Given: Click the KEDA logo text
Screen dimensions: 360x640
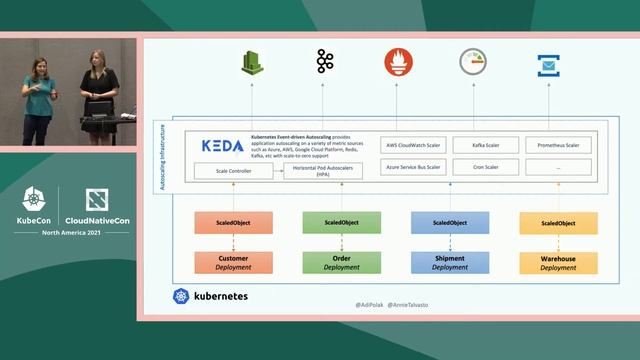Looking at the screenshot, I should (222, 145).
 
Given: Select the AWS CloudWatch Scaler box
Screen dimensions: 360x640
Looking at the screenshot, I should (413, 145).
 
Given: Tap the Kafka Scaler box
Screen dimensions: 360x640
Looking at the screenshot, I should (486, 145).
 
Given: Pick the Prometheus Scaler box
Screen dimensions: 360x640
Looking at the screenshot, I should (558, 145).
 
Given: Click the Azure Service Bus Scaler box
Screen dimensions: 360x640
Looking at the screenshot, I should (413, 167).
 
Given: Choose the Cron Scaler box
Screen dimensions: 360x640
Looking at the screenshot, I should (486, 167).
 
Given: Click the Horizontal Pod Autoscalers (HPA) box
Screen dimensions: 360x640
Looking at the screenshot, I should (323, 171).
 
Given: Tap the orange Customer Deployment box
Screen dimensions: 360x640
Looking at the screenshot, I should (232, 263).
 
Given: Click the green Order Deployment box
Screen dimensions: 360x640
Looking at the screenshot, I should (341, 263).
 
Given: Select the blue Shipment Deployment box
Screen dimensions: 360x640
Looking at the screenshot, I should (449, 263).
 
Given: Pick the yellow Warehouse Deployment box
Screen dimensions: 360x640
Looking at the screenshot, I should (558, 263).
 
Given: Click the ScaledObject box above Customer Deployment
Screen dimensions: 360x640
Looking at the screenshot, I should (232, 223).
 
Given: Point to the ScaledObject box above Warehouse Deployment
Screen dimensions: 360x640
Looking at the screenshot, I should (558, 223).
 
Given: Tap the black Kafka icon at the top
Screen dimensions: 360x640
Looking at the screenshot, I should (324, 62).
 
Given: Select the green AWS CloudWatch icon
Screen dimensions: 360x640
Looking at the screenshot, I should (251, 63).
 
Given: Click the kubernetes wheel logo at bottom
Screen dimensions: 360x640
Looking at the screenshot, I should (181, 297).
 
